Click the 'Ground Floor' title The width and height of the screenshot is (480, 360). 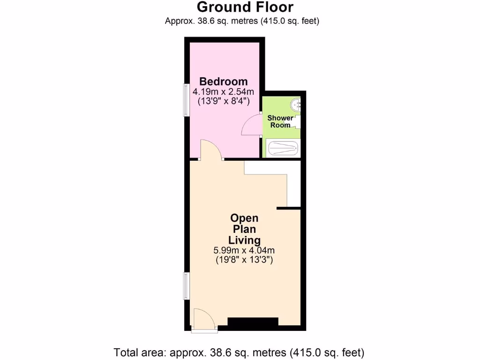pyautogui.click(x=245, y=7)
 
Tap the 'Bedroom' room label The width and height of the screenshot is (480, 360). pyautogui.click(x=223, y=81)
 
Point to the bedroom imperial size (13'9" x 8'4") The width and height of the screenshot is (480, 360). pyautogui.click(x=223, y=100)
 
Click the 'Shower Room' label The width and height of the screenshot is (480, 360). pyautogui.click(x=280, y=121)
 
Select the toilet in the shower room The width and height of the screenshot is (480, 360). pyautogui.click(x=296, y=122)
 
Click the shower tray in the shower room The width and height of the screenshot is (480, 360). pyautogui.click(x=282, y=149)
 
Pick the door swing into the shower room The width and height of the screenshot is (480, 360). pyautogui.click(x=252, y=126)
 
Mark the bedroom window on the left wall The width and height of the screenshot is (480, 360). pyautogui.click(x=186, y=100)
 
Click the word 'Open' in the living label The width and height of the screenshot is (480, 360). pyautogui.click(x=244, y=218)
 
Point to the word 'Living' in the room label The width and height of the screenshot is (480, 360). pyautogui.click(x=244, y=240)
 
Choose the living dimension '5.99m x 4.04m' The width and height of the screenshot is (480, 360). pyautogui.click(x=244, y=250)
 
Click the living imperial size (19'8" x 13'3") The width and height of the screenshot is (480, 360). pyautogui.click(x=244, y=259)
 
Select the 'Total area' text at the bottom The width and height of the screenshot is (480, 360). pyautogui.click(x=239, y=352)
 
